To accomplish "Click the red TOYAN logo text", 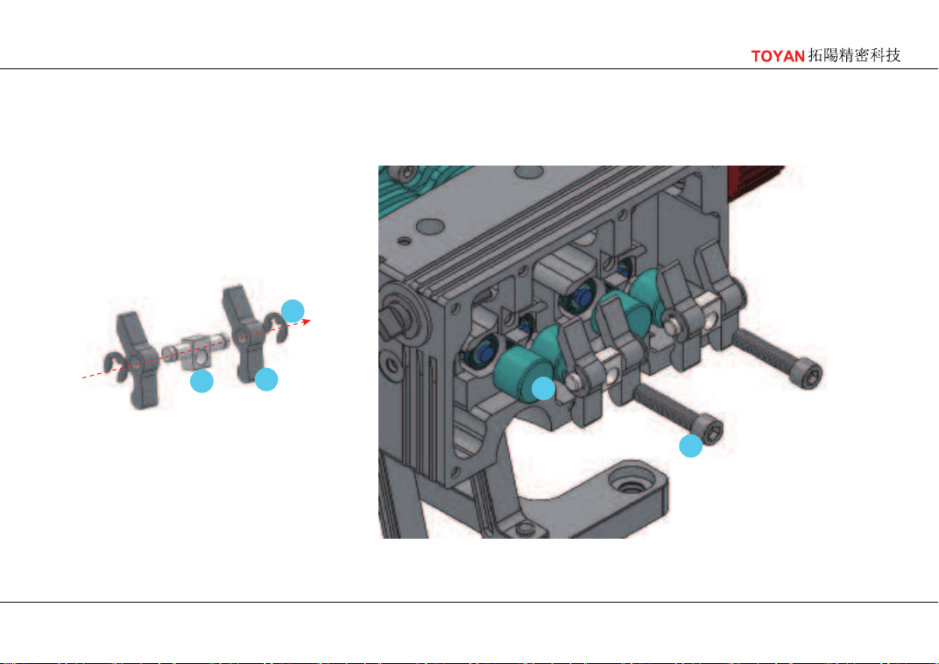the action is pyautogui.click(x=777, y=56).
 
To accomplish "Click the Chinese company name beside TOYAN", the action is pyautogui.click(x=854, y=56).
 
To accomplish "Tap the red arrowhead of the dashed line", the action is pyautogui.click(x=307, y=321).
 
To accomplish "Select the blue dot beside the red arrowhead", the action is pyautogui.click(x=293, y=311).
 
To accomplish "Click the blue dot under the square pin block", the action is pyautogui.click(x=201, y=381).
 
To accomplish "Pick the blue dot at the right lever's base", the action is pyautogui.click(x=266, y=379).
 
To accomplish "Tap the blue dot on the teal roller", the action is pyautogui.click(x=543, y=389).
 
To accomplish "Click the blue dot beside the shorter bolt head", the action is pyautogui.click(x=690, y=446).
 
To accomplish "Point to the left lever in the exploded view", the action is pyautogui.click(x=137, y=359).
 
